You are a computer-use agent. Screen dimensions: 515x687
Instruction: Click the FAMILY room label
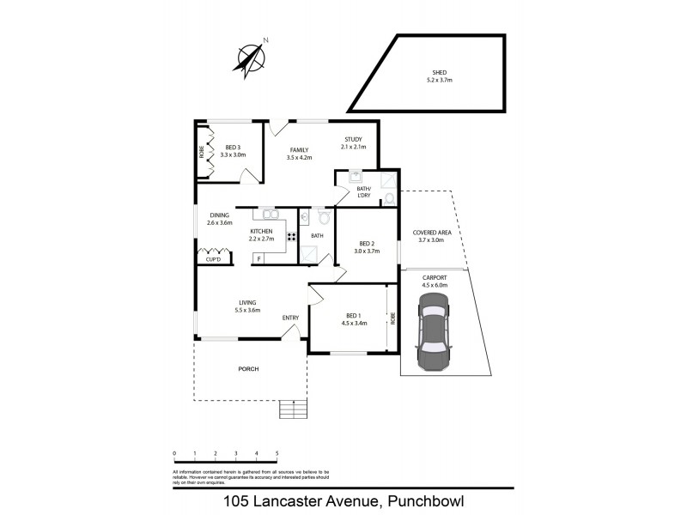point(299,149)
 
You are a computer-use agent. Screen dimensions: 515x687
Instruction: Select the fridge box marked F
point(258,257)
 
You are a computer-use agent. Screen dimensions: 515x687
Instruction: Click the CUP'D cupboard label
point(213,258)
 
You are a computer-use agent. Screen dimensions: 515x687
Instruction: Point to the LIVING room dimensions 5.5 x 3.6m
point(246,310)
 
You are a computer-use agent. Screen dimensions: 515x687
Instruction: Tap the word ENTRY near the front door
point(290,318)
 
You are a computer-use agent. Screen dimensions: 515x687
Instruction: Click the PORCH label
point(248,369)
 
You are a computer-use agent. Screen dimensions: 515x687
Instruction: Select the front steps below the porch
point(293,409)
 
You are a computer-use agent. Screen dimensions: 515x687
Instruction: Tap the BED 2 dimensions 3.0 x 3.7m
point(367,251)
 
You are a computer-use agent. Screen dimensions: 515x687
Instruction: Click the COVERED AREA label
point(431,232)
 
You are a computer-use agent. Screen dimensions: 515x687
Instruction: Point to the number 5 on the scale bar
point(277,452)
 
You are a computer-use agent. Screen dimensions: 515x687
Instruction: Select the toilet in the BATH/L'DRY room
point(388,198)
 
